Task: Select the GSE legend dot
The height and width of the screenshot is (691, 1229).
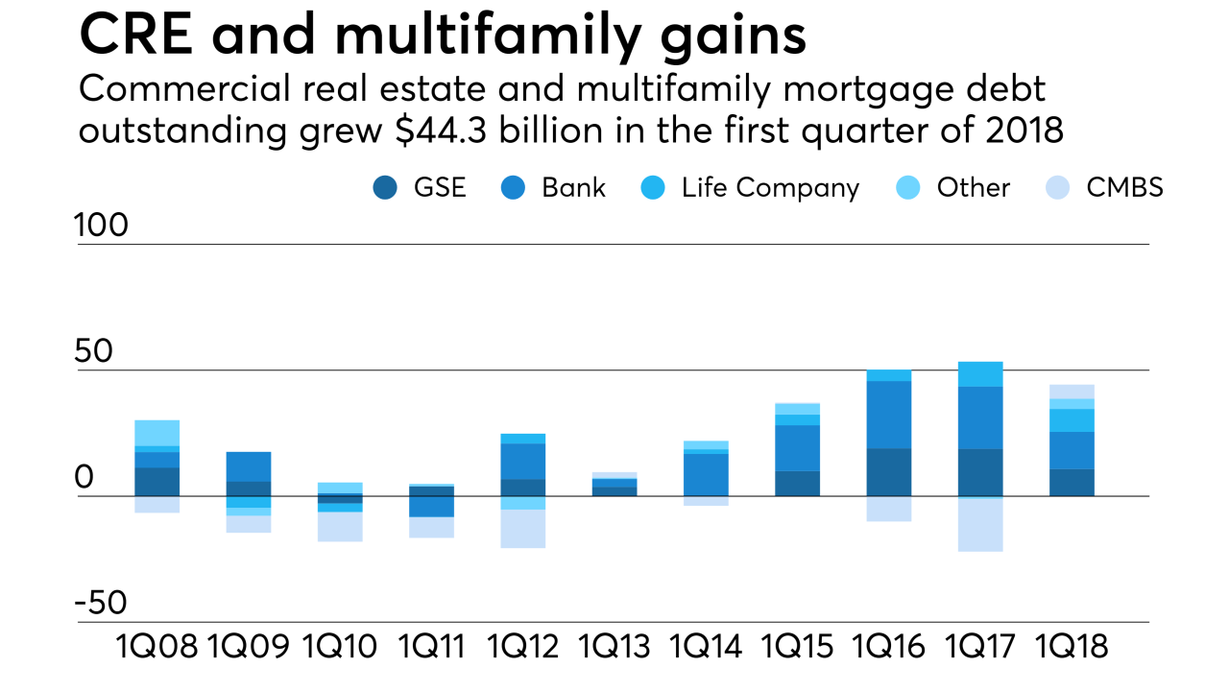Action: point(385,188)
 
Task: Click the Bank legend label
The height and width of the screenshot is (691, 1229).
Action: point(573,188)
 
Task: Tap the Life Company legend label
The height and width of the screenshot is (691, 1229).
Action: point(770,188)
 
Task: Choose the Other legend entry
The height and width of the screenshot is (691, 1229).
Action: point(974,188)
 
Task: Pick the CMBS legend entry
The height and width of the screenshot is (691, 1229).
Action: point(1124,188)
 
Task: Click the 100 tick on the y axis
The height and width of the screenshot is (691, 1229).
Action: point(102,226)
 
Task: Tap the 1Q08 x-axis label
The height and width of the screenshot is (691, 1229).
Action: point(157,647)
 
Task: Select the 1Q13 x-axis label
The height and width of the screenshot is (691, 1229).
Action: point(614,647)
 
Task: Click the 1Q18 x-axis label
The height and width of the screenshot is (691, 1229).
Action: point(1071,647)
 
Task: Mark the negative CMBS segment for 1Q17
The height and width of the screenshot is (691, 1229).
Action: point(980,525)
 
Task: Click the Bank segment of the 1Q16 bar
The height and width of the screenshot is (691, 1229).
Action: point(888,415)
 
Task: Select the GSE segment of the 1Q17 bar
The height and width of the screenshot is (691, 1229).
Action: point(980,472)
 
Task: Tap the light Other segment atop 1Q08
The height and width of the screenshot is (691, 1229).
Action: point(157,433)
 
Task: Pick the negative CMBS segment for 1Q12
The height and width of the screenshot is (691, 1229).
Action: point(523,529)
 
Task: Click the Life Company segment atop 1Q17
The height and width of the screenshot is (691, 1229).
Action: point(980,374)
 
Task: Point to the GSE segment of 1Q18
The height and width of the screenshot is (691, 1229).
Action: point(1071,482)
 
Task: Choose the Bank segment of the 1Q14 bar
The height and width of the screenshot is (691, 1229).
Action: point(706,474)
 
